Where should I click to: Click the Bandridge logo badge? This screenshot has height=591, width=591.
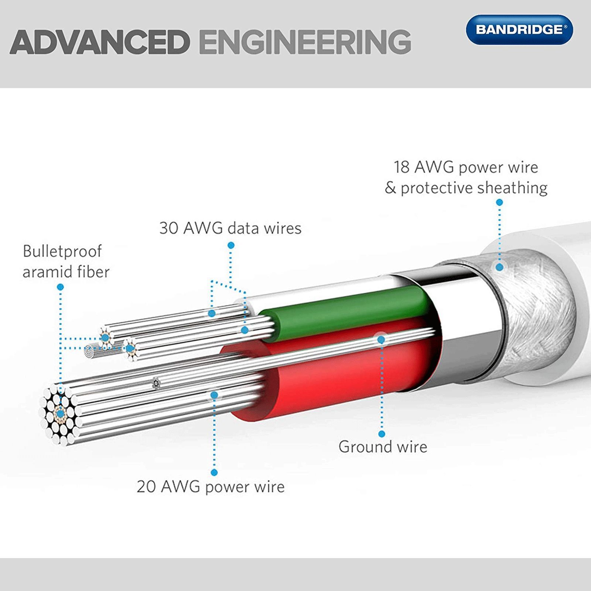coord(519,30)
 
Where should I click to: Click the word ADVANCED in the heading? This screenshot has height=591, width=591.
coord(100,42)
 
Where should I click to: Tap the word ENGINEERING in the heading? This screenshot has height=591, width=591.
coord(305,42)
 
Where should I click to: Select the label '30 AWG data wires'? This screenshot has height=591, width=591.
coord(230,228)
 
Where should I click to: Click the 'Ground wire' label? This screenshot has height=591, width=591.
coord(383,447)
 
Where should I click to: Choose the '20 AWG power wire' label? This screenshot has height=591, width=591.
coord(211,486)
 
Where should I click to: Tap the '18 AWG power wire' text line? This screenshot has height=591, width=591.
coord(465,167)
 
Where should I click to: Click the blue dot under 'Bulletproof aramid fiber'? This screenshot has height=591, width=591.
coord(61,287)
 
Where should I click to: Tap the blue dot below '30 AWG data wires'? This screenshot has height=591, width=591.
coord(231,245)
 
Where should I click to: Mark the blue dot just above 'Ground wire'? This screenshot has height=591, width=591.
coord(382,434)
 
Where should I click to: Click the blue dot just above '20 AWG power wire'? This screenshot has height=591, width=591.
coord(214,472)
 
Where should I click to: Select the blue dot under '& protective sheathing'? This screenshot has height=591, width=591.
coord(499,202)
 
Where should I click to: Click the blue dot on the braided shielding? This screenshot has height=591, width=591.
coord(499,267)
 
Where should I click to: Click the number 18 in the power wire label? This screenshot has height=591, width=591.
coord(402,167)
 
